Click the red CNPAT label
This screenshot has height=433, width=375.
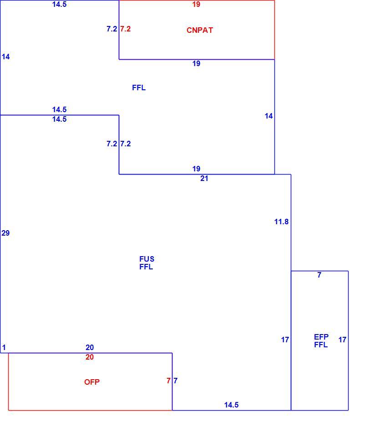tap(200, 30)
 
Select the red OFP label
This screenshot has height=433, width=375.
tap(92, 382)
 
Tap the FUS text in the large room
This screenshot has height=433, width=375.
tap(147, 259)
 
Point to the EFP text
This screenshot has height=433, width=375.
tap(321, 337)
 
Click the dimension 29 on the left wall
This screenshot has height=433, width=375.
tap(5, 233)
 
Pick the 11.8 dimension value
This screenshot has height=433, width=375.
tap(281, 222)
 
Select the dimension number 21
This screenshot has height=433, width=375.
tap(204, 178)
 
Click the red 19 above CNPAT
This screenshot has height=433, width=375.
tap(196, 4)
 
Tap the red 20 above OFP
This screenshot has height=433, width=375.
tap(90, 357)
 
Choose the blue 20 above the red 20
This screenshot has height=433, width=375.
tap(90, 347)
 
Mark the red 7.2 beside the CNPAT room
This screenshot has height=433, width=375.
tap(126, 29)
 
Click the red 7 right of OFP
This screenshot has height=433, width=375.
tap(168, 381)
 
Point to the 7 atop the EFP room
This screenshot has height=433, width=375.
tap(319, 275)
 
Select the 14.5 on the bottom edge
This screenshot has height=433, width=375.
tap(231, 405)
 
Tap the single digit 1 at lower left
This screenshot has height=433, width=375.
tap(4, 347)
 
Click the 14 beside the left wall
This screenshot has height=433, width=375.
tap(5, 57)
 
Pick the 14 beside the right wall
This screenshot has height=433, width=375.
tap(269, 116)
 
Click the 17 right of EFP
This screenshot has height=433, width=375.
tap(342, 340)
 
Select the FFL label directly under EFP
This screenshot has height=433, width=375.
tap(321, 345)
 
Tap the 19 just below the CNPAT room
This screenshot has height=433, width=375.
tap(196, 63)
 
